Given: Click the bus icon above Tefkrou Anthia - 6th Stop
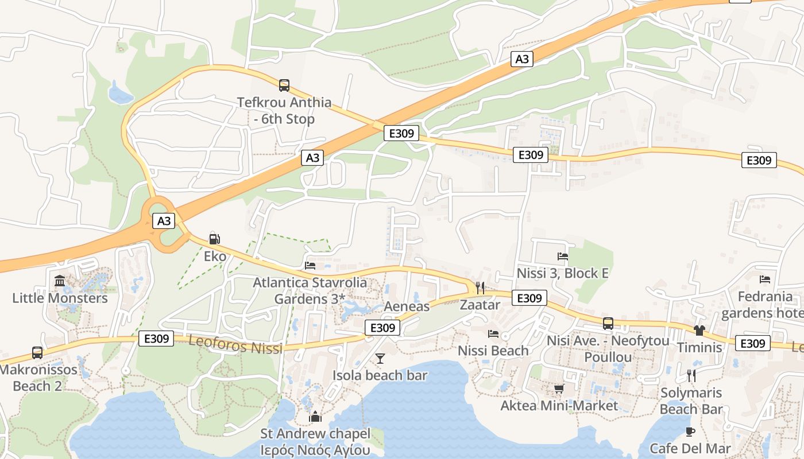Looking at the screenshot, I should click(284, 85).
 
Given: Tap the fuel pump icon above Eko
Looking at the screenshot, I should click(214, 239).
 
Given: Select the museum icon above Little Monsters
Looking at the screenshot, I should click(60, 281).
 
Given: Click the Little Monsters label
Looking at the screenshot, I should click(60, 298).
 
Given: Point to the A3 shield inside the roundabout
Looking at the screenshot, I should click(164, 221).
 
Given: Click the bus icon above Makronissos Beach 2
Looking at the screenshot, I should click(37, 352).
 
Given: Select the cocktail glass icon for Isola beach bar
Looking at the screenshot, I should click(380, 359).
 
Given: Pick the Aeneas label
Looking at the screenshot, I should click(407, 306).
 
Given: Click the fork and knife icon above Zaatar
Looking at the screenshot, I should click(480, 287).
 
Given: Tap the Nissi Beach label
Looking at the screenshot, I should click(493, 351).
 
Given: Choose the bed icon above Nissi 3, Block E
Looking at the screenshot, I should click(563, 256).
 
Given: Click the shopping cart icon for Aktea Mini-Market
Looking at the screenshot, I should click(559, 389).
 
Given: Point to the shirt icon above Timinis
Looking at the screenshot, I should click(699, 330).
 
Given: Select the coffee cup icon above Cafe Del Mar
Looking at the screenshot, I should click(690, 431).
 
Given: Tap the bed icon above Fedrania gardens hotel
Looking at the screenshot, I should click(765, 279).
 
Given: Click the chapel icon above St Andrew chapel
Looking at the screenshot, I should click(315, 417).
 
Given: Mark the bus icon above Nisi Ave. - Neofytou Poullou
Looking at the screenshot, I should click(608, 324).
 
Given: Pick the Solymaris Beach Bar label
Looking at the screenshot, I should click(691, 401).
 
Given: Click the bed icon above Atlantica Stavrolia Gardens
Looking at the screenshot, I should click(310, 266).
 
